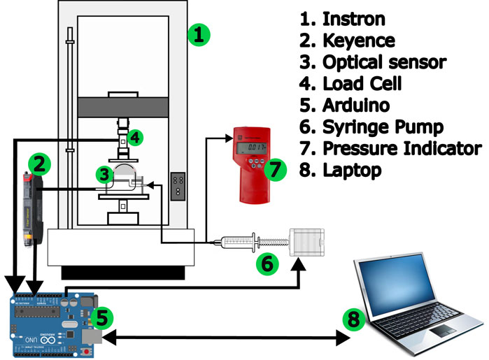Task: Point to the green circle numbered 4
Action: coord(136,137)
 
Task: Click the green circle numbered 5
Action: coord(101,318)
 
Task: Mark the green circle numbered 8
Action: coord(355,320)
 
